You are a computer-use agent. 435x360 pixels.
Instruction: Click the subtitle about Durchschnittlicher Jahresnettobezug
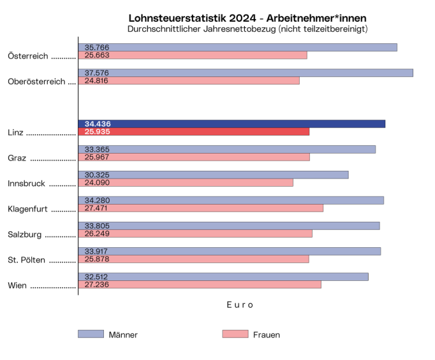click(x=247, y=29)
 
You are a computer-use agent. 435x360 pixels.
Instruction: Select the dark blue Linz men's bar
click(x=232, y=124)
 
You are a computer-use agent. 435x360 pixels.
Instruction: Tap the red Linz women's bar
click(x=193, y=132)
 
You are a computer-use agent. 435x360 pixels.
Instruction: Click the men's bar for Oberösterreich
click(x=246, y=73)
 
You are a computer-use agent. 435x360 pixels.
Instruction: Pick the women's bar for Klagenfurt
click(x=200, y=208)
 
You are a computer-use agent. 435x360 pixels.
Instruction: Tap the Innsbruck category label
click(x=26, y=184)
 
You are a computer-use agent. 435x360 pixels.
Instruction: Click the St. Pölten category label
click(x=26, y=260)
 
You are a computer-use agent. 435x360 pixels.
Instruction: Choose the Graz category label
click(x=17, y=158)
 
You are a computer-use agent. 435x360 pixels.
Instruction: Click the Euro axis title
click(x=240, y=305)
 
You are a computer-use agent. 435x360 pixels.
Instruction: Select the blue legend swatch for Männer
click(x=91, y=334)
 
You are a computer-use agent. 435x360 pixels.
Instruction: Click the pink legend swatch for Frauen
click(x=235, y=334)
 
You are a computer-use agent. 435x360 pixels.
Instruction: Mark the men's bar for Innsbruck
click(x=213, y=175)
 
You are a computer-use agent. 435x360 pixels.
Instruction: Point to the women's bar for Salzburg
click(x=195, y=234)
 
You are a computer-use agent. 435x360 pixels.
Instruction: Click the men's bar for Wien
click(x=223, y=277)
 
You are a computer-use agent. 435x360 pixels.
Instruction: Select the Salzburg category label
click(x=25, y=234)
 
